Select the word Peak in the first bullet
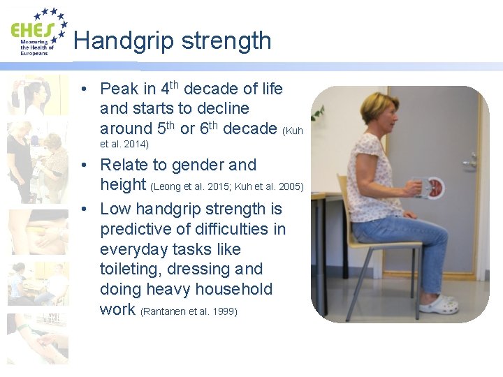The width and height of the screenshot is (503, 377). pos(118,89)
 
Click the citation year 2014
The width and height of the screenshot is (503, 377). pos(137,144)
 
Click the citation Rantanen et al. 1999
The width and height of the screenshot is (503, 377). pos(189,311)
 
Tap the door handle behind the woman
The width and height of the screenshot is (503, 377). pos(469,160)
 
